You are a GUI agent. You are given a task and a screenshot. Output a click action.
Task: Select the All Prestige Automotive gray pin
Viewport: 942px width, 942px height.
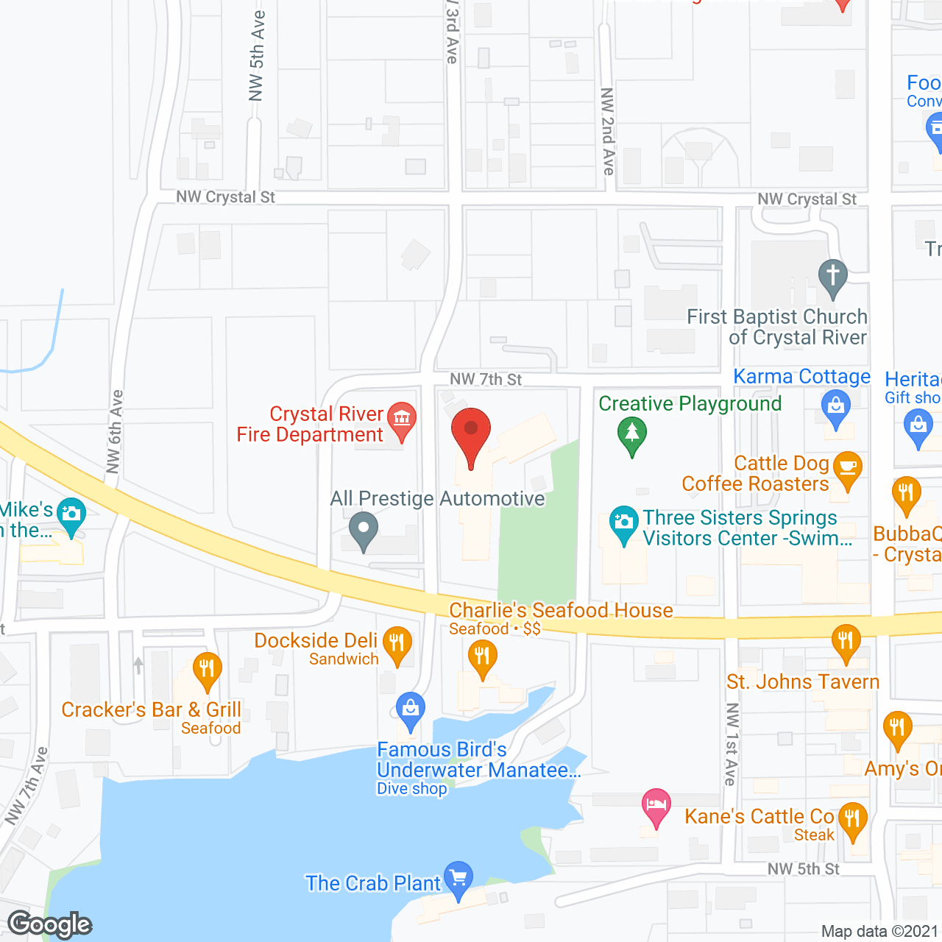pyautogui.click(x=363, y=530)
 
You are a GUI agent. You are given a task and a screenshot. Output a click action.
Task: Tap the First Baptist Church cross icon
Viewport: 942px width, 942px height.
pyautogui.click(x=832, y=277)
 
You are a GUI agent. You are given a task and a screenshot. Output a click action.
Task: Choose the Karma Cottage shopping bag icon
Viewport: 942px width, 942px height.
pyautogui.click(x=835, y=407)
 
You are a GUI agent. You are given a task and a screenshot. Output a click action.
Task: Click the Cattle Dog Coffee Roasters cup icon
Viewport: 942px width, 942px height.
pyautogui.click(x=847, y=469)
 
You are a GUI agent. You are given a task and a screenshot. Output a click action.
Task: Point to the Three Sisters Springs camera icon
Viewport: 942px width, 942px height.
pyautogui.click(x=624, y=523)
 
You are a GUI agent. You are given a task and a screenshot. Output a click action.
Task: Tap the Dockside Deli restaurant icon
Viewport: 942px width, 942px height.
pyautogui.click(x=397, y=643)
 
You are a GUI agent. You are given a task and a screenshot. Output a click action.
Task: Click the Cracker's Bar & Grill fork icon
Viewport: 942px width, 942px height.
pyautogui.click(x=207, y=669)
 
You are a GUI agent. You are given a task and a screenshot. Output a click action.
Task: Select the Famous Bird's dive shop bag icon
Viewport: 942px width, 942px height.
pyautogui.click(x=410, y=709)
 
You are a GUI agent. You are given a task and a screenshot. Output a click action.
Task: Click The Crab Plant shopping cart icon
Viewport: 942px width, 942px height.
pyautogui.click(x=458, y=879)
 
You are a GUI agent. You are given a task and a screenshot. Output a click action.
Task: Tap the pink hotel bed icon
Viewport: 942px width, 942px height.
pyautogui.click(x=656, y=805)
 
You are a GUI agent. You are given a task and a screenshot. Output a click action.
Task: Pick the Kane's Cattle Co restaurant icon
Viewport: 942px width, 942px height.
pyautogui.click(x=853, y=819)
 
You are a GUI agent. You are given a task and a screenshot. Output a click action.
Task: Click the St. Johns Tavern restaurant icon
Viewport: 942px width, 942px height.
pyautogui.click(x=846, y=641)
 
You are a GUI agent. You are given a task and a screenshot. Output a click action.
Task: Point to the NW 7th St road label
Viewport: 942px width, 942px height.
pyautogui.click(x=486, y=380)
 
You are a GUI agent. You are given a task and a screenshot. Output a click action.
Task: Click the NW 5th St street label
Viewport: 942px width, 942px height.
pyautogui.click(x=803, y=869)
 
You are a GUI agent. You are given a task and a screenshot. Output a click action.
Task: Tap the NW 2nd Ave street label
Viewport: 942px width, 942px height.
pyautogui.click(x=608, y=131)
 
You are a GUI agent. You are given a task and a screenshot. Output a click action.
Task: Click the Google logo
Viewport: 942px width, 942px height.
pyautogui.click(x=50, y=924)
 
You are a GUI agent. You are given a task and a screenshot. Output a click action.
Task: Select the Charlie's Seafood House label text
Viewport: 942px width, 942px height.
pyautogui.click(x=561, y=611)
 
